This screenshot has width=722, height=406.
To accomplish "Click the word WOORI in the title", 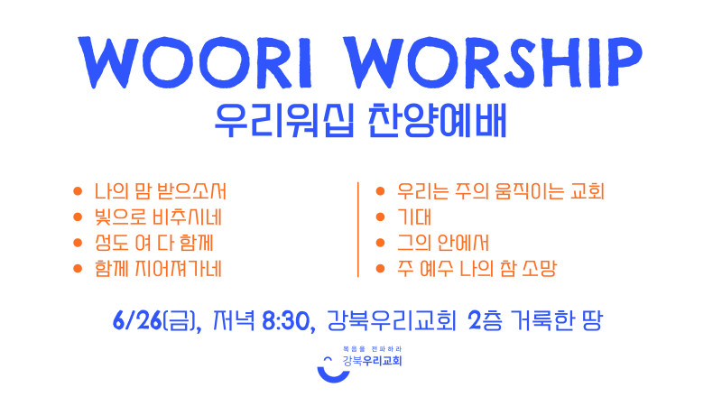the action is [196, 63].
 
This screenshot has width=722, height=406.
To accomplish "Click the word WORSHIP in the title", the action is [493, 62].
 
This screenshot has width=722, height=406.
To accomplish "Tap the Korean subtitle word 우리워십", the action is [284, 121].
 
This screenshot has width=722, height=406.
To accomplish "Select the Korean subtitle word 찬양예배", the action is [438, 121].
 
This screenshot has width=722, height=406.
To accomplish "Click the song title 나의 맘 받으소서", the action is [161, 191].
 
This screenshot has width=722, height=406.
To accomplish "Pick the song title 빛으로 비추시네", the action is [158, 217].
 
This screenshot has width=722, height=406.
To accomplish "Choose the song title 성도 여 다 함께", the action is [153, 243].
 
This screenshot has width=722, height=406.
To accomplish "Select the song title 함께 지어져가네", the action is [158, 268].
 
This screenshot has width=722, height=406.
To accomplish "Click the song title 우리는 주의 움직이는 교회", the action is [501, 191].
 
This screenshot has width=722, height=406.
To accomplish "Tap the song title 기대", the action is [414, 217].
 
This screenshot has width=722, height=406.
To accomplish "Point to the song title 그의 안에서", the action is [443, 243].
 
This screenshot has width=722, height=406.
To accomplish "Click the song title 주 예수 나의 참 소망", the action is [477, 268].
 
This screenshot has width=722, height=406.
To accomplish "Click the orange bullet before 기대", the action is [380, 217].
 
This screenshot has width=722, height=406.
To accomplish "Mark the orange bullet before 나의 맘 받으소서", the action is [78, 191].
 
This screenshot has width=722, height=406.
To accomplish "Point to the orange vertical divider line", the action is [357, 230].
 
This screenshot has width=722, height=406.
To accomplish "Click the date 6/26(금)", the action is [157, 321].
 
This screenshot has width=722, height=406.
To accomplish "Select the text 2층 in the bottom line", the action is [485, 320].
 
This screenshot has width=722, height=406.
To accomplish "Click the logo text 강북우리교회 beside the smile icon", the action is [373, 360].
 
